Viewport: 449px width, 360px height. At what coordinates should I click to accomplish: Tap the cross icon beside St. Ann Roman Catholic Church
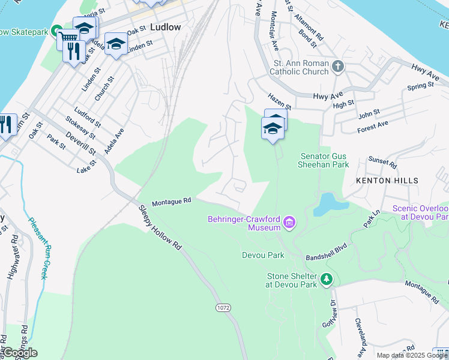coord(338,67)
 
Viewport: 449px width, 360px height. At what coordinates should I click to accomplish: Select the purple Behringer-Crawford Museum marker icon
coord(289,224)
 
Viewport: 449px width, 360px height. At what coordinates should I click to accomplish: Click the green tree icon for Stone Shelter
coord(326,279)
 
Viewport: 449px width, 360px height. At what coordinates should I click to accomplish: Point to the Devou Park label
coord(263,255)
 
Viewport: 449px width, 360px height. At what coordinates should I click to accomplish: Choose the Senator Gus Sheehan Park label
coord(324,160)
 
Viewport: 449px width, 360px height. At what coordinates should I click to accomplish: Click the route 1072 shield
coord(223,307)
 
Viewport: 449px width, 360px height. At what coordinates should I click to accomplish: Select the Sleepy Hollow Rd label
coord(160,228)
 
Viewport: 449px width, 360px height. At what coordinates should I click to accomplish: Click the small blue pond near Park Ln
coord(328,204)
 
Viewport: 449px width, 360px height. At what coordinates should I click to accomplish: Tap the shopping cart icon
coord(67,40)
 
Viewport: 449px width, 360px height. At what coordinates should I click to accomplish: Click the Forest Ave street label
coord(373,127)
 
